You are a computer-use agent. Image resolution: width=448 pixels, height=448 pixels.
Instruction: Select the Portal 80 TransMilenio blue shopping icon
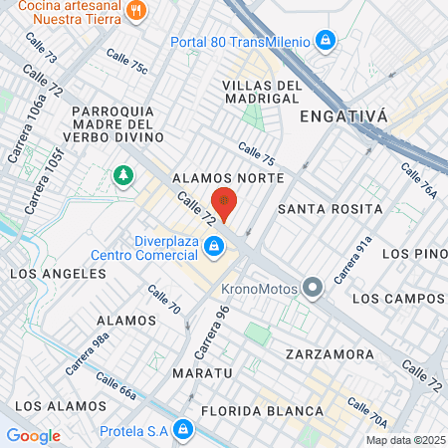(x=324, y=40)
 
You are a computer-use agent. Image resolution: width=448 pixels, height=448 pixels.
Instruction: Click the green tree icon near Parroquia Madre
(x=123, y=176)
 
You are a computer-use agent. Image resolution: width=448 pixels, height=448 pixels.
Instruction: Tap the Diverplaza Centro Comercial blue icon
(x=213, y=246)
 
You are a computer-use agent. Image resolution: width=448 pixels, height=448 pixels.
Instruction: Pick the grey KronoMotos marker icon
(x=314, y=289)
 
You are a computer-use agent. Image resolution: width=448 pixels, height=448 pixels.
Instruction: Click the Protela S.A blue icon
(x=182, y=430)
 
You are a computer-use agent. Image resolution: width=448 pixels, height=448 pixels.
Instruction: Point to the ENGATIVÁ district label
(x=342, y=115)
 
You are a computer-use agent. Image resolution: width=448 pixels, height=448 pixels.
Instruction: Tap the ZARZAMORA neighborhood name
(x=329, y=354)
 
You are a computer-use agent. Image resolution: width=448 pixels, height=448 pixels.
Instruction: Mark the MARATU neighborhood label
(x=200, y=372)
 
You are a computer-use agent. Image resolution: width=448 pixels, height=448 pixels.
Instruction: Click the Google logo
(x=33, y=435)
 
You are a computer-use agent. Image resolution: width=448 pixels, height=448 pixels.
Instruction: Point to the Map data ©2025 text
(x=404, y=440)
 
